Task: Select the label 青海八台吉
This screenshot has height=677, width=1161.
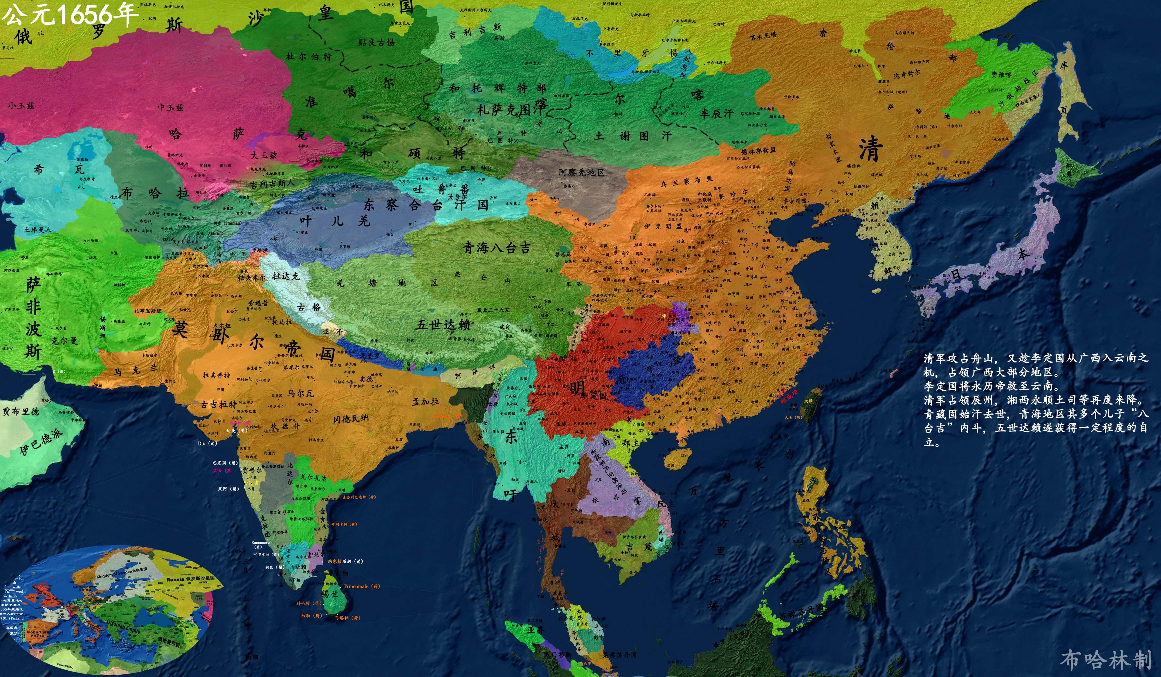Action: click(496, 248)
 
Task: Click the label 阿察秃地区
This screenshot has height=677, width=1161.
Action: click(581, 172)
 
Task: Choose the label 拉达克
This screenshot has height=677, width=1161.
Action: click(286, 276)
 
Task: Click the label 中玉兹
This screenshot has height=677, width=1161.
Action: click(170, 107)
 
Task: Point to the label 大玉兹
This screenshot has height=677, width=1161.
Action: click(264, 155)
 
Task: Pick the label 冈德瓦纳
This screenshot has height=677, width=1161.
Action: click(351, 419)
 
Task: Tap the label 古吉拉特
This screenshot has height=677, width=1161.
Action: click(219, 404)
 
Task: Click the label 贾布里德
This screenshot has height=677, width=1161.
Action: click(21, 411)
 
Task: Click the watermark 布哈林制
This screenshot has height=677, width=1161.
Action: click(1106, 660)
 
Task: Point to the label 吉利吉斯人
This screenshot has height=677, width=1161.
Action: click(272, 184)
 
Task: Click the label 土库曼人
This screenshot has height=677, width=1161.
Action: click(38, 229)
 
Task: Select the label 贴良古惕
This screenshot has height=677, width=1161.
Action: click(376, 42)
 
